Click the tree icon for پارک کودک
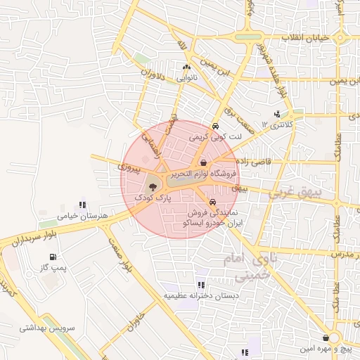154,187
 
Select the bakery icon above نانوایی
186,67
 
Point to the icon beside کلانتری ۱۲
276,114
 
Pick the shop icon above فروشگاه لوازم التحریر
203,162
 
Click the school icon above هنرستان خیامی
83,205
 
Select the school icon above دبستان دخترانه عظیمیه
201,285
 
